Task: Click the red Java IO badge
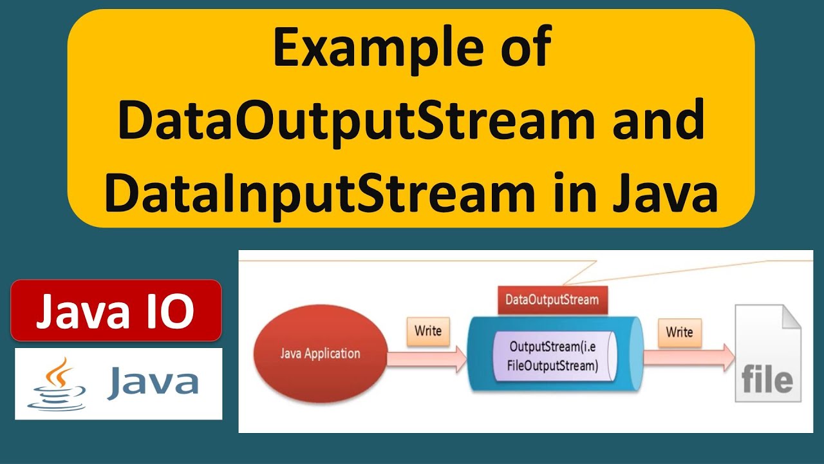tap(116, 311)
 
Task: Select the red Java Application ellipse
tap(320, 354)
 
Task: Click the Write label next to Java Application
tap(428, 331)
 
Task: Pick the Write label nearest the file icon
tap(679, 333)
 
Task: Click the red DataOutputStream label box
tap(552, 300)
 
